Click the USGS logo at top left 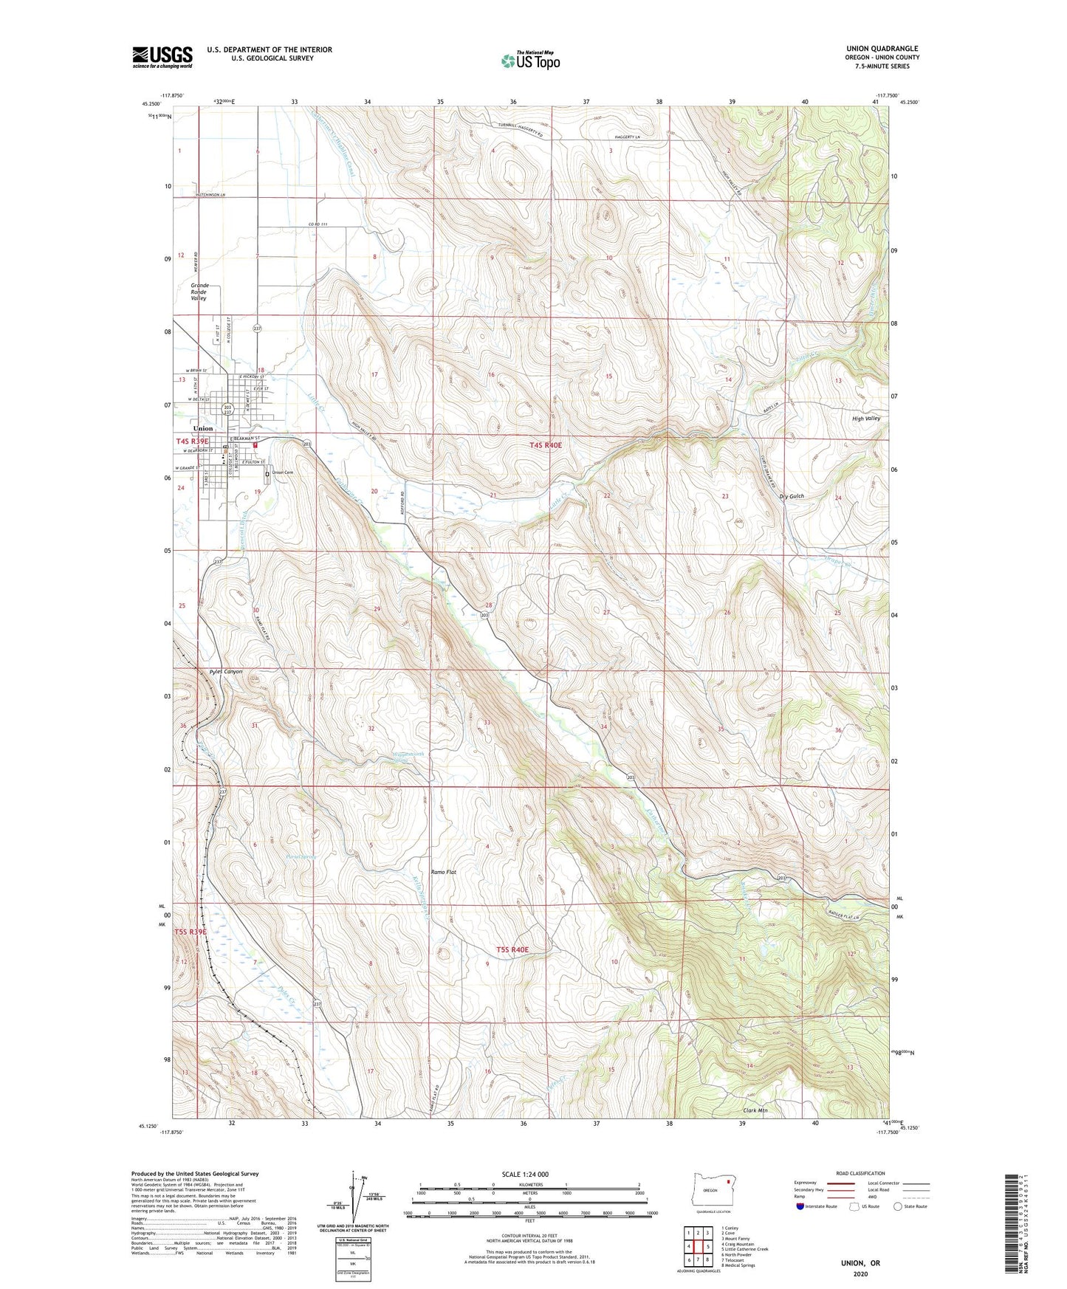click(162, 57)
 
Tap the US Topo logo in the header click(530, 61)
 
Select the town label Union click(202, 428)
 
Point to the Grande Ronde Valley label click(199, 292)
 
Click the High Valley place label click(866, 419)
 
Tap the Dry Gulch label click(791, 496)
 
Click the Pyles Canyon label click(226, 672)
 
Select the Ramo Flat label click(444, 872)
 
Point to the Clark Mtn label click(755, 1110)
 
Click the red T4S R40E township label click(546, 445)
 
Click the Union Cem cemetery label click(283, 472)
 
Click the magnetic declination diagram click(356, 1200)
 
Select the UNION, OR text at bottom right click(860, 1263)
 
